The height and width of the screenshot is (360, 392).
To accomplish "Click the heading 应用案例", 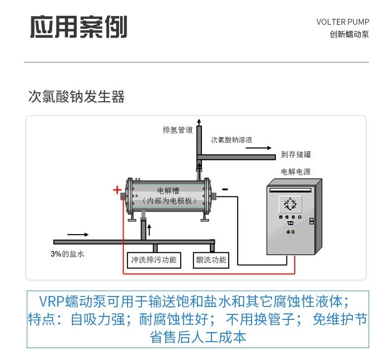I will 78,27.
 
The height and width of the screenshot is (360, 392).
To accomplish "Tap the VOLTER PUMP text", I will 342,22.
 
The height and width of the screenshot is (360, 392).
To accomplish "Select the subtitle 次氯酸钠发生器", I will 76,97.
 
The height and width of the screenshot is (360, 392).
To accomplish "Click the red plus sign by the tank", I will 117,189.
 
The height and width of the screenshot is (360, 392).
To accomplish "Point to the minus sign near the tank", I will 225,189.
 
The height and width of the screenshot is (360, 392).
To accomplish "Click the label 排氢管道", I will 177,130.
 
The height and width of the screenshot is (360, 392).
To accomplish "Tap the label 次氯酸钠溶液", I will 232,140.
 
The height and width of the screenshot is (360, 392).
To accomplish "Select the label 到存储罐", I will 296,154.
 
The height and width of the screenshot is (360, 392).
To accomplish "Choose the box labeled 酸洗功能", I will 211,259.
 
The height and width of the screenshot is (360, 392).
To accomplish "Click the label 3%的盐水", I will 68,253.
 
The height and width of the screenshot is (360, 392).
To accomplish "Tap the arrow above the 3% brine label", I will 78,234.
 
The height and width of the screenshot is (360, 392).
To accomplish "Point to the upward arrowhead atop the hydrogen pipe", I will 199,122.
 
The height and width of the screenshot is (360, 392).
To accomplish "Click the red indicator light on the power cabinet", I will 287,232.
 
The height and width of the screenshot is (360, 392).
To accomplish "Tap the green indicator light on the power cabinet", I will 293,232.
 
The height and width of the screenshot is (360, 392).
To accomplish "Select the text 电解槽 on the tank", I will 169,190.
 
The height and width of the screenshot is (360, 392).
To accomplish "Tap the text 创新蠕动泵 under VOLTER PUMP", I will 349,35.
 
